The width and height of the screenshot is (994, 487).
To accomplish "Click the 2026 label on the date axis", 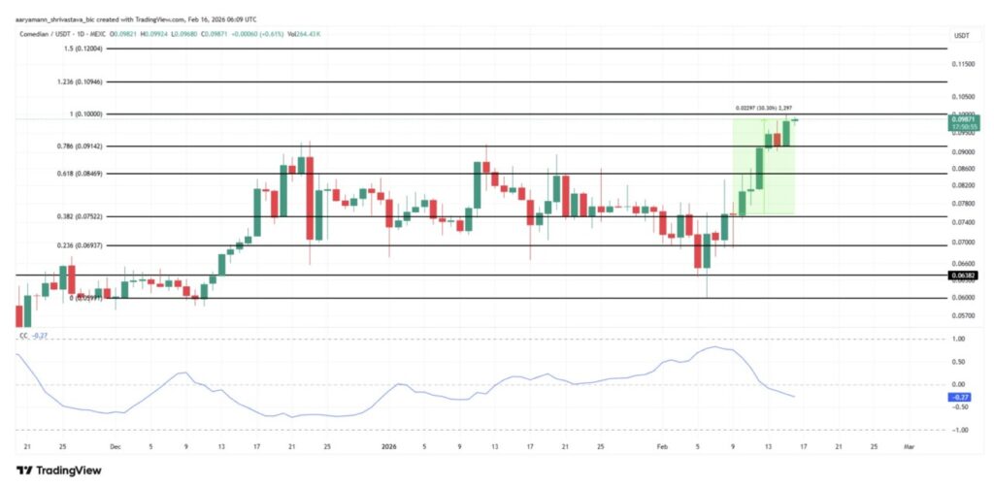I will coord(388,447).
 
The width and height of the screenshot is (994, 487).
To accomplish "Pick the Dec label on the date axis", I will coord(116,447).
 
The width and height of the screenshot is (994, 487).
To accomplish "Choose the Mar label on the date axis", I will coord(909,447).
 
